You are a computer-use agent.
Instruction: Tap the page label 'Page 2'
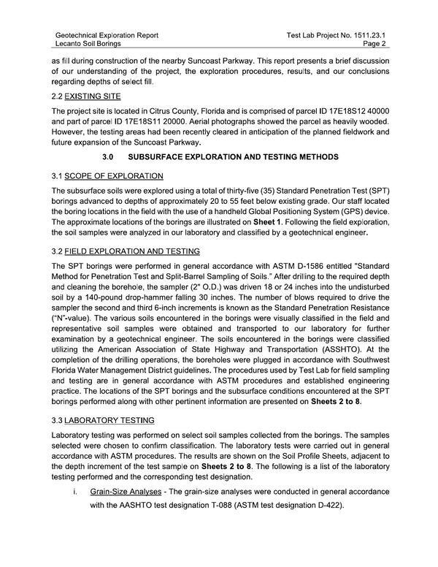372,44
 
